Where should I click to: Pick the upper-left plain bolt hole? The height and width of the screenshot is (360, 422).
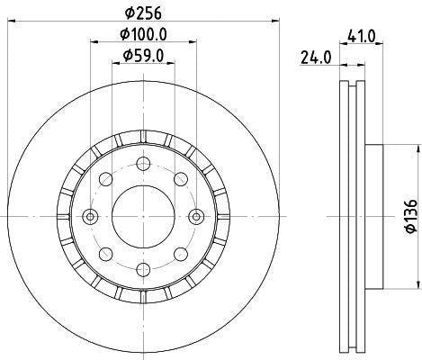(106, 179)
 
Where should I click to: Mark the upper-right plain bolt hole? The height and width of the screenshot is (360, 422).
(180, 179)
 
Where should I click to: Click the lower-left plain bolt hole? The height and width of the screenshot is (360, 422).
(106, 253)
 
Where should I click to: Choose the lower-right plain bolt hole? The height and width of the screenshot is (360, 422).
(180, 253)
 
